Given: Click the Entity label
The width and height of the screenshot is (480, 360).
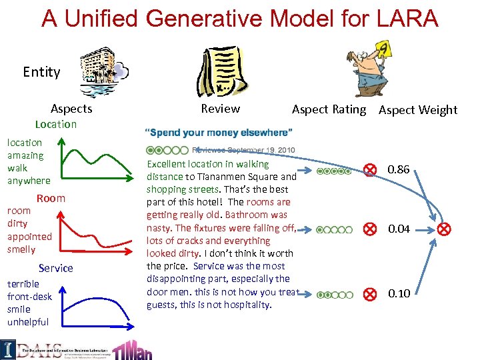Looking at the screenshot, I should click(x=41, y=71).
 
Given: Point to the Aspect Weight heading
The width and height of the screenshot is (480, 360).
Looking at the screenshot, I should click(x=418, y=110).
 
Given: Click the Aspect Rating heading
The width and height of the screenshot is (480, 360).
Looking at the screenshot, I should click(x=329, y=109).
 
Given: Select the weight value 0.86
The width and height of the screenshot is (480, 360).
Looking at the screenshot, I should click(x=398, y=170).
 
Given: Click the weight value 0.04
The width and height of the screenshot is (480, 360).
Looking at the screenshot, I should click(x=398, y=229).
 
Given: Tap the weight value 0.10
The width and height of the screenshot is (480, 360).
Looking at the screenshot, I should click(x=398, y=293).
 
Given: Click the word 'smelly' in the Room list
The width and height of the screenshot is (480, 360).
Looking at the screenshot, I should click(x=21, y=249).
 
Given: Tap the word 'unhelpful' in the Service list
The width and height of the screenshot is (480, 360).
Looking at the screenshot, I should click(x=28, y=322).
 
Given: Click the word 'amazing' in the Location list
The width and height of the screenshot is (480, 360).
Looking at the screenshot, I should click(x=25, y=155).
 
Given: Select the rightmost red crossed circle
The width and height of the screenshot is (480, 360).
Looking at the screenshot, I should click(x=444, y=229).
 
